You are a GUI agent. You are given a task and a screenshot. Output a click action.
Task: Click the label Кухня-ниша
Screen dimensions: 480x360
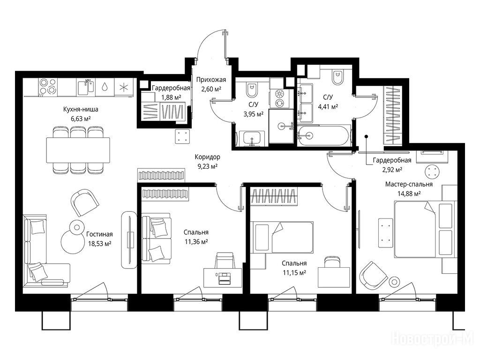pyautogui.click(x=81, y=109)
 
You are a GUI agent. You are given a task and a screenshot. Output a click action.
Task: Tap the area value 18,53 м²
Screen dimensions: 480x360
pyautogui.click(x=98, y=244)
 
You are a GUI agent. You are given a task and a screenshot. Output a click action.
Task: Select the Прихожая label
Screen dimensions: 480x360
pyautogui.click(x=211, y=80)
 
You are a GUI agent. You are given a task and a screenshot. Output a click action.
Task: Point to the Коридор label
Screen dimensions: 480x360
pyautogui.click(x=207, y=157)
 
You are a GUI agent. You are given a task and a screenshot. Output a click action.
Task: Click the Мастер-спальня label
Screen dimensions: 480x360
pyautogui.click(x=409, y=184)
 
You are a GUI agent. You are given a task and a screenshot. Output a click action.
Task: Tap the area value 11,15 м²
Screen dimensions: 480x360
pyautogui.click(x=294, y=273)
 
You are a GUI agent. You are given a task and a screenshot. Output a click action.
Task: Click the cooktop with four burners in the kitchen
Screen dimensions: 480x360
pyautogui.click(x=48, y=86)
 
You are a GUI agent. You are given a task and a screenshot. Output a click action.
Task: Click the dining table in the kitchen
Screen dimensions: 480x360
pyautogui.click(x=78, y=150)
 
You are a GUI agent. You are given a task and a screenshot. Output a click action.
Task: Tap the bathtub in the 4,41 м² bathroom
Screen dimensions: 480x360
pyautogui.click(x=324, y=135)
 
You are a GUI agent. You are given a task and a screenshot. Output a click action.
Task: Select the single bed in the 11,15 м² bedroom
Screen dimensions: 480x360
pyautogui.click(x=282, y=238)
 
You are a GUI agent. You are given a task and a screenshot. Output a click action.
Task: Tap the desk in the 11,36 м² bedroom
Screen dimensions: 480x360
pyautogui.click(x=223, y=277)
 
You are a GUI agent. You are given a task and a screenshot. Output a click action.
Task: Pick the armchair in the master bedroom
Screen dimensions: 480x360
pyautogui.click(x=374, y=274)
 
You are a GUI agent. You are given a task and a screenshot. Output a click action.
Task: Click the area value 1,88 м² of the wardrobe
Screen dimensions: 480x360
pyautogui.click(x=171, y=97)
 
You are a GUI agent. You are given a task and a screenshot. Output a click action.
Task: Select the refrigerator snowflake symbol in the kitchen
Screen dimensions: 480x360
pyautogui.click(x=124, y=87)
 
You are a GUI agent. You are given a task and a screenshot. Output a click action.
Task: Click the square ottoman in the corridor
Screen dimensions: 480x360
pyautogui.click(x=183, y=136)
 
